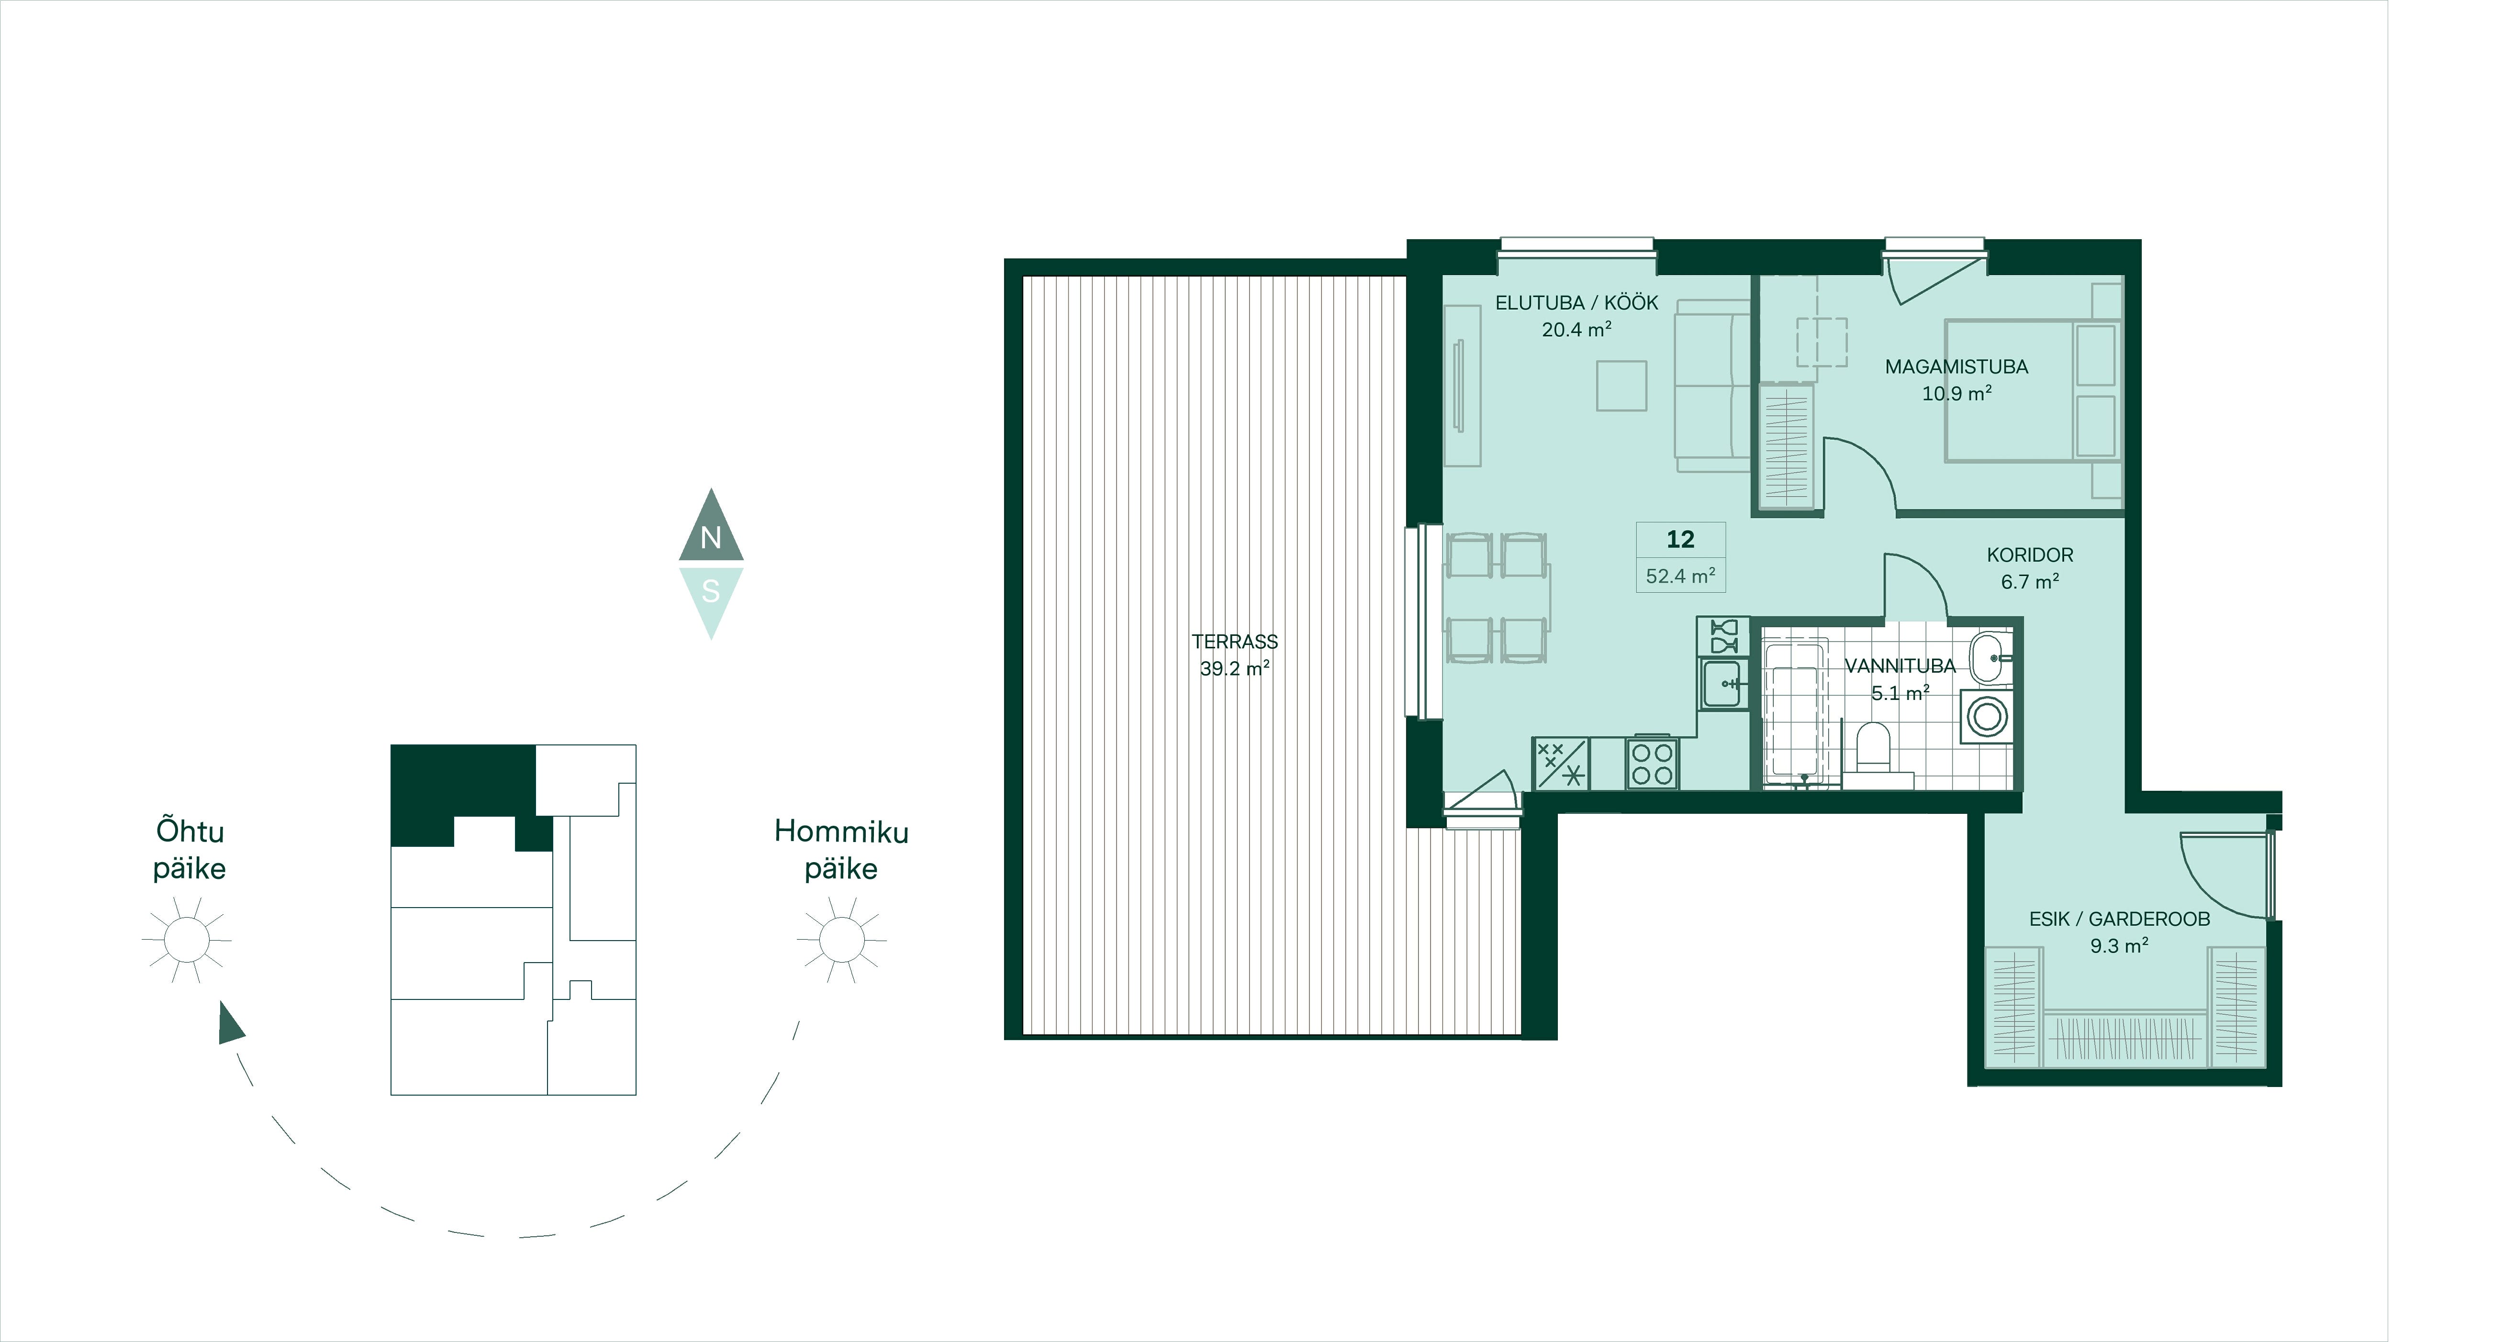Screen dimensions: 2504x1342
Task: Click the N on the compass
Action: (711, 537)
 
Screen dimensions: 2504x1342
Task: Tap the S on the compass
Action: (711, 591)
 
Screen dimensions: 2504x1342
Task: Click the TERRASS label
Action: (1234, 642)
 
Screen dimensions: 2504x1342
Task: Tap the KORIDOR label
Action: (2030, 555)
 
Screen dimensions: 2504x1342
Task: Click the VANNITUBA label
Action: (1900, 665)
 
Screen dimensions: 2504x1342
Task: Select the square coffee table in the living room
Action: (1621, 386)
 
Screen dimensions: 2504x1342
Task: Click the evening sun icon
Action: (187, 940)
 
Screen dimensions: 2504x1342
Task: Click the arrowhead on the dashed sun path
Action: (230, 1024)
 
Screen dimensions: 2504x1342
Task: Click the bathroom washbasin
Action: (1991, 658)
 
